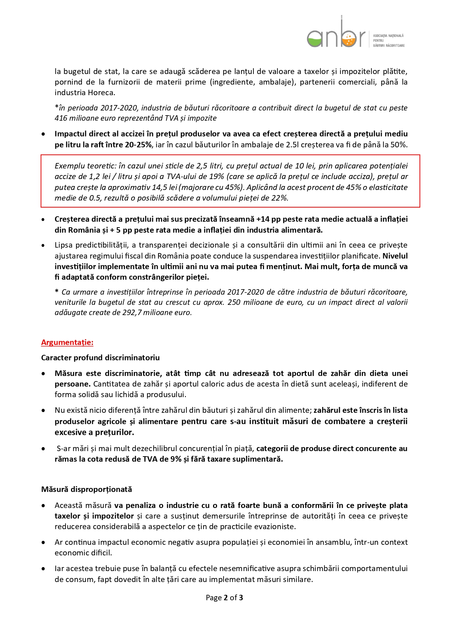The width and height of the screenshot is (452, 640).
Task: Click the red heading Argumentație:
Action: pyautogui.click(x=67, y=342)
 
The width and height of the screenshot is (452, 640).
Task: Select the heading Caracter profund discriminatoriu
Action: pyautogui.click(x=100, y=358)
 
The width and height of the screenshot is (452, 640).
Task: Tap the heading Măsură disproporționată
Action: pyautogui.click(x=86, y=489)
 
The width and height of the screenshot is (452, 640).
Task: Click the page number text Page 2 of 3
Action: pyautogui.click(x=224, y=598)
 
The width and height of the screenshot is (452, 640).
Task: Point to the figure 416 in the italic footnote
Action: pyautogui.click(x=61, y=118)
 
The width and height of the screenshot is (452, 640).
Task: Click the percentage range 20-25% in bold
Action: pyautogui.click(x=138, y=145)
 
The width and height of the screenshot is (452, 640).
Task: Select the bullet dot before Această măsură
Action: pyautogui.click(x=43, y=506)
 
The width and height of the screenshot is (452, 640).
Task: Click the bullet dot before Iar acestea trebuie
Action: pyautogui.click(x=43, y=569)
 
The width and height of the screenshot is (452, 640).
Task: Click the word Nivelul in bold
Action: pyautogui.click(x=395, y=256)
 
